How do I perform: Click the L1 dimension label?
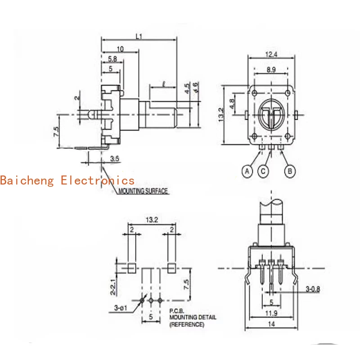click(139, 37)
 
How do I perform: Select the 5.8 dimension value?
click(113, 58)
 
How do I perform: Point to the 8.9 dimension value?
click(271, 70)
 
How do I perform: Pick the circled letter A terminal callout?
click(246, 171)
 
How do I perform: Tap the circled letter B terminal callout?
click(291, 171)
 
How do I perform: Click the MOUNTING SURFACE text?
click(143, 191)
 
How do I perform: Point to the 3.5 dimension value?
click(114, 158)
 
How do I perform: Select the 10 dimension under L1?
click(120, 49)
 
